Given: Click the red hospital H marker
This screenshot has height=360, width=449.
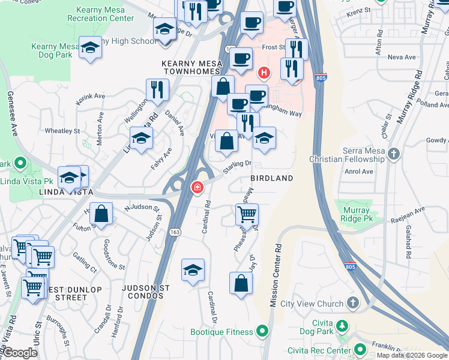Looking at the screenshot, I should click(263, 74).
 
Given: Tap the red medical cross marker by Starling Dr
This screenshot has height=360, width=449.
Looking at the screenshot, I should click(196, 188).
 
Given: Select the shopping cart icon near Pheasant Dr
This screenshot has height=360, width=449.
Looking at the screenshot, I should click(247, 214).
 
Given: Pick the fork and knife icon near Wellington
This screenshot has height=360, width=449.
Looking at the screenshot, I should click(158, 89).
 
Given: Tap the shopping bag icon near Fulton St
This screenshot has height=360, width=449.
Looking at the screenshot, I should click(103, 214).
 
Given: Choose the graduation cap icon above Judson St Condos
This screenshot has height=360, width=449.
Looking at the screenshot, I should click(193, 270).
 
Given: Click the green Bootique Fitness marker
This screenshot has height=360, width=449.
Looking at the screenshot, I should click(262, 331).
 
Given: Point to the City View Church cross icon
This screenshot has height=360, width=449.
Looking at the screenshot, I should click(353, 303).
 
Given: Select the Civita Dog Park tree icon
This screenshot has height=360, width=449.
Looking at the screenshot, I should click(342, 326).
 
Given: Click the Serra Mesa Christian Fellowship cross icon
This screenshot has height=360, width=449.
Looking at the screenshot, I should click(393, 155).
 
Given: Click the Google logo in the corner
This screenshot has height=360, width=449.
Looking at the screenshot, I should click(20, 353).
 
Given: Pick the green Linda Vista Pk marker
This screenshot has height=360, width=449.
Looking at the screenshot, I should click(20, 163).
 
